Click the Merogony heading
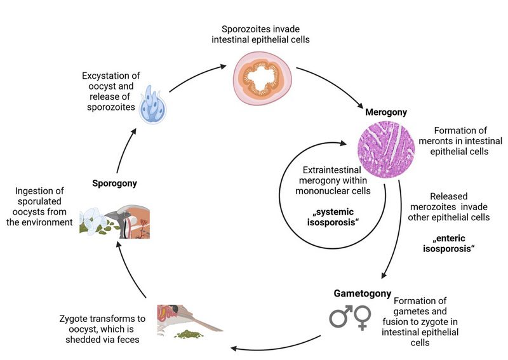click(386, 112)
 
